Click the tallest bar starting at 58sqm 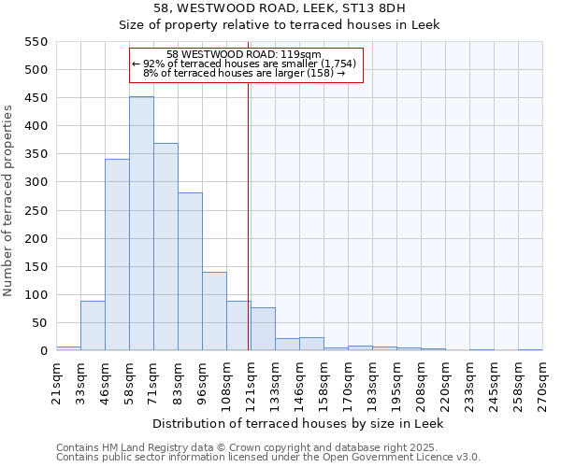141,224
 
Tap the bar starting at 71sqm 165,248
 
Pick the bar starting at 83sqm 190,272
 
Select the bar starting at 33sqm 93,326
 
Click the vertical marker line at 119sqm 248,215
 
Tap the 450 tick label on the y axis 35,98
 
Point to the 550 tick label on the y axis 35,42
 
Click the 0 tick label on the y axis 43,351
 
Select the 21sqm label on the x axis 56,378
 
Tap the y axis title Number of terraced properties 8,201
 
